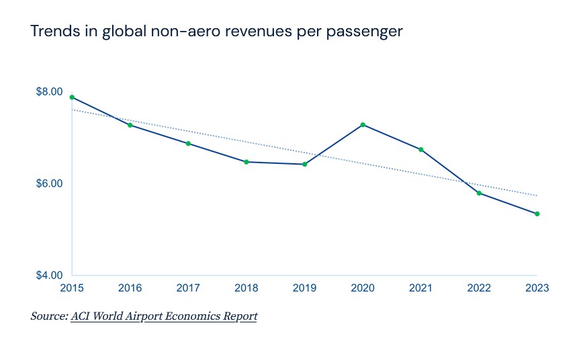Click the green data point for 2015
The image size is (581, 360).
point(72,97)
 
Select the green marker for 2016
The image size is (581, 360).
point(130,125)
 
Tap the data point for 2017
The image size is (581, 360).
point(188,144)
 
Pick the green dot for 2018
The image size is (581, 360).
point(247,162)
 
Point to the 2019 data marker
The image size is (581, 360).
point(304,164)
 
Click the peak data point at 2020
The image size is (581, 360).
point(363,125)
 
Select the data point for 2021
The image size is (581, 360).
point(421,149)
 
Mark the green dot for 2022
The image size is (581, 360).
point(479,193)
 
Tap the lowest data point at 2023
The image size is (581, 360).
point(537,214)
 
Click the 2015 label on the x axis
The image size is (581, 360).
point(72,288)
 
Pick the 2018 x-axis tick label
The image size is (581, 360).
point(247,288)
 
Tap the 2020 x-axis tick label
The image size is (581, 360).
point(363,288)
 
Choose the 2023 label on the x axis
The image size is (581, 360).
point(537,288)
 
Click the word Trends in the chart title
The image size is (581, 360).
point(51,32)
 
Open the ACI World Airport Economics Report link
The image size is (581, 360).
point(164,316)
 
